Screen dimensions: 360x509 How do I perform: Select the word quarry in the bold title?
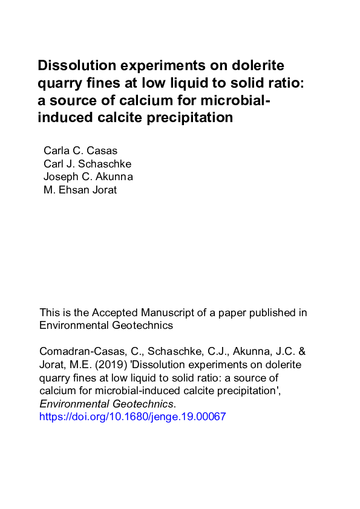[x=58, y=83]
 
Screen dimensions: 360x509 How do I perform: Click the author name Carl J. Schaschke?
[x=87, y=163]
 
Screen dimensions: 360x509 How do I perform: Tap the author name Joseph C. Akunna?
[x=88, y=177]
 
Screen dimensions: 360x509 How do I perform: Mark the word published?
[x=269, y=313]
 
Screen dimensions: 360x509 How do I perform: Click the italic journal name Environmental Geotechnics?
[x=106, y=404]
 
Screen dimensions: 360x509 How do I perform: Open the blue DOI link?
[x=133, y=417]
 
